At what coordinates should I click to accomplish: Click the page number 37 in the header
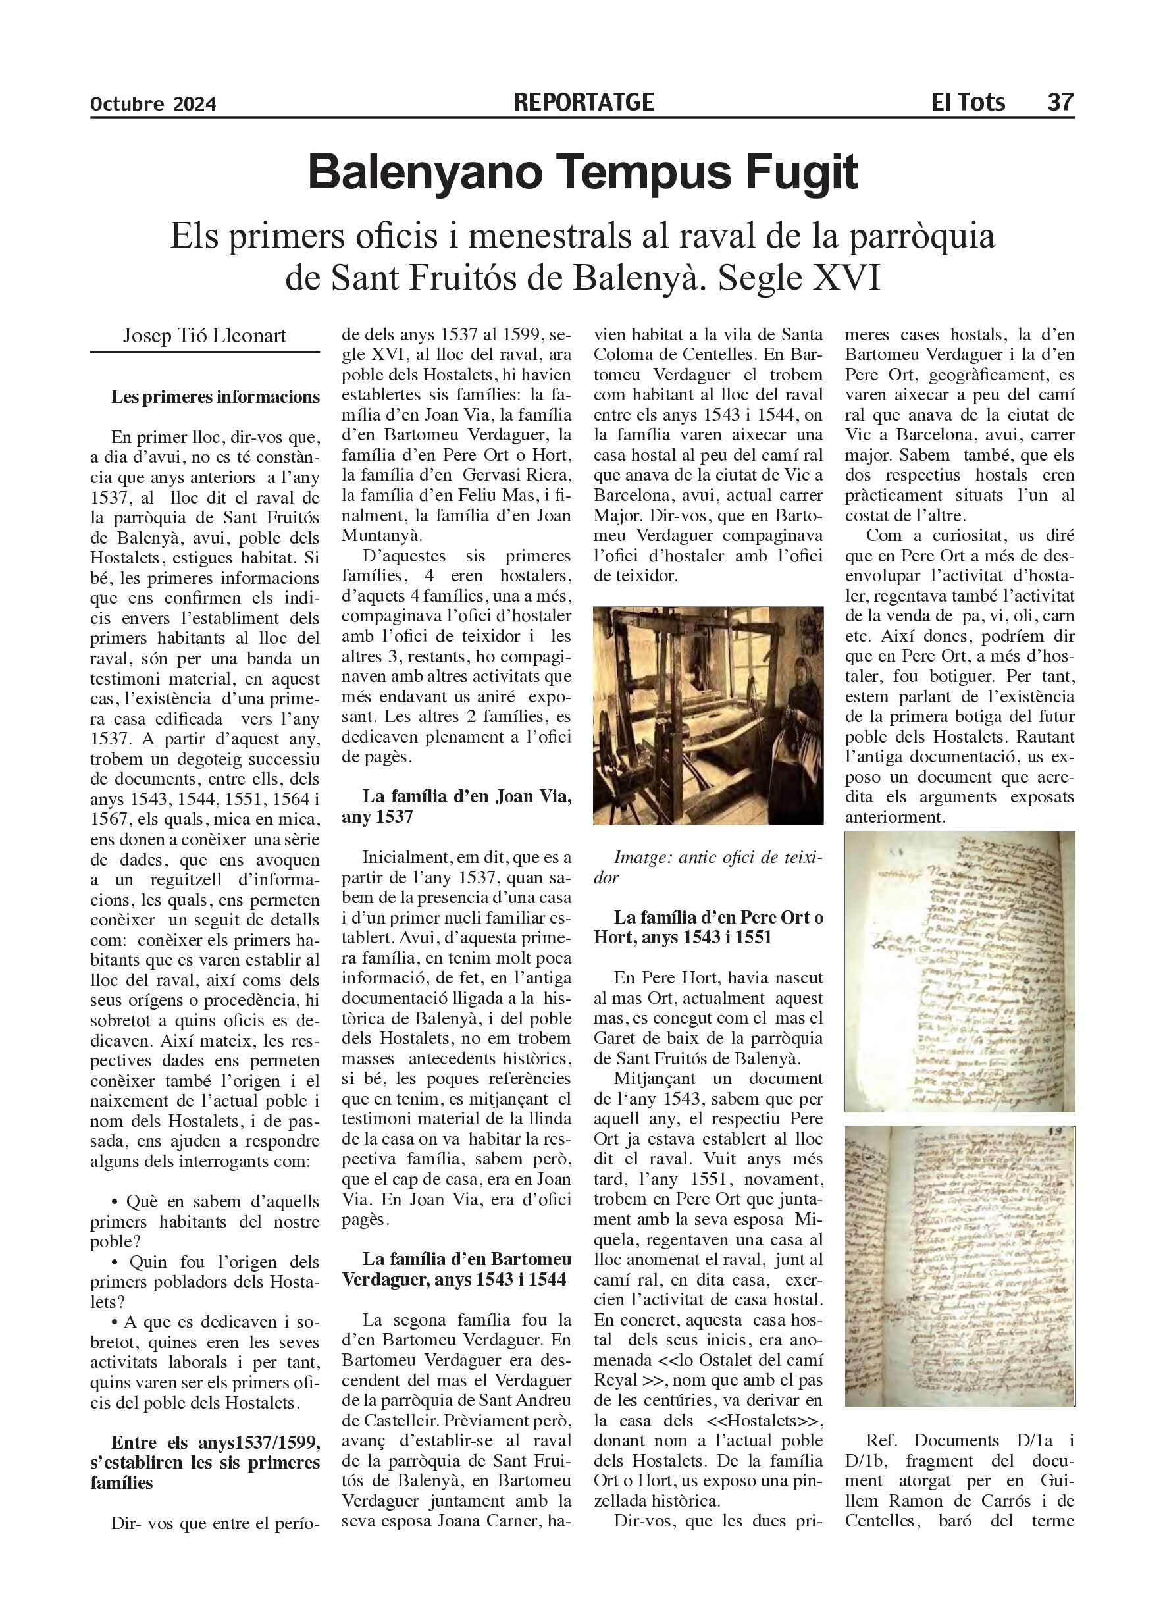[x=1059, y=103]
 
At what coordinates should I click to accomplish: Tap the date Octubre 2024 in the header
[x=153, y=105]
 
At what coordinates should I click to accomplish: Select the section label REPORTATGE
[x=583, y=103]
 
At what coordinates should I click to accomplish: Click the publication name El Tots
[x=968, y=103]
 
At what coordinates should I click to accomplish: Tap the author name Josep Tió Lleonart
[x=205, y=336]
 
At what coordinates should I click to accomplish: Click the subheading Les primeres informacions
[x=215, y=397]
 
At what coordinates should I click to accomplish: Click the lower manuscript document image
[x=959, y=1266]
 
